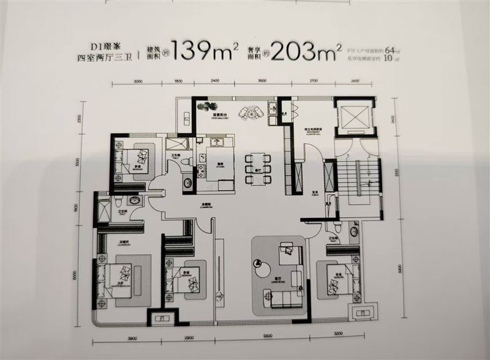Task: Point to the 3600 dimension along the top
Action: tap(262, 81)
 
